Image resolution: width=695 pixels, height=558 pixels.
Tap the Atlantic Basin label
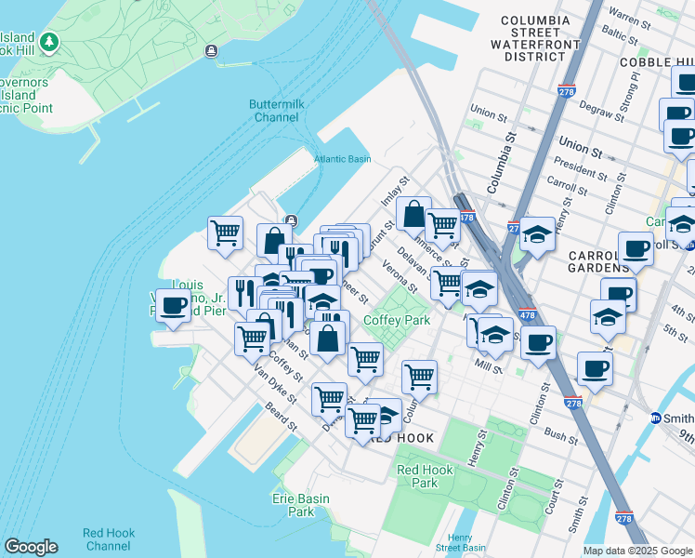[343, 159]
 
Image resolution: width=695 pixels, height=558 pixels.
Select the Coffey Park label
[396, 320]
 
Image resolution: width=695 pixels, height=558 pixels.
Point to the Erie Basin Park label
[300, 505]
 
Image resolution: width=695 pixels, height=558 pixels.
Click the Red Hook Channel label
[109, 539]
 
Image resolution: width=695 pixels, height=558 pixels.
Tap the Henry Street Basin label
[460, 542]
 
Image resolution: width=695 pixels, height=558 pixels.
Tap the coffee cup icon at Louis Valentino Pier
[173, 305]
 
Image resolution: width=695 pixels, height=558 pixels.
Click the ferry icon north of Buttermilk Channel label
[213, 50]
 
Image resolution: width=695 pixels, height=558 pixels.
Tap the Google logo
[31, 547]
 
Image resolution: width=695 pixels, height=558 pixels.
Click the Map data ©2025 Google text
[636, 551]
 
